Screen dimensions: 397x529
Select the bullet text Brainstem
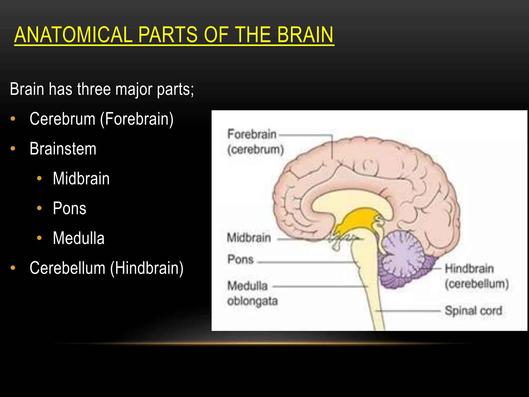63,149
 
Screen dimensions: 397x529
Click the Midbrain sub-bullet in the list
81,179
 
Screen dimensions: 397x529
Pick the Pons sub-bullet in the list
69,208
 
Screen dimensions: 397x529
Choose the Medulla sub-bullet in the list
79,238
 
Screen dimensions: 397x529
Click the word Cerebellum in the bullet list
67,268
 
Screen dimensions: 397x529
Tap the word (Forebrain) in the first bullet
137,119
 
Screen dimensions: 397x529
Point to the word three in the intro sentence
94,89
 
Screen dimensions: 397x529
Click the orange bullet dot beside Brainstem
13,149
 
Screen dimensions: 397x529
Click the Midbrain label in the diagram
249,238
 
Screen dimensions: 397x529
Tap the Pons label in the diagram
240,259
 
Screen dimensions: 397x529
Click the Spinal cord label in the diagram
473,311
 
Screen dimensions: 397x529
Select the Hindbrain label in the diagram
469,269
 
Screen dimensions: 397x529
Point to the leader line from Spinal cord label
408,311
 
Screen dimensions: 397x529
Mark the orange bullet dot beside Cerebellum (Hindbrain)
13,268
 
